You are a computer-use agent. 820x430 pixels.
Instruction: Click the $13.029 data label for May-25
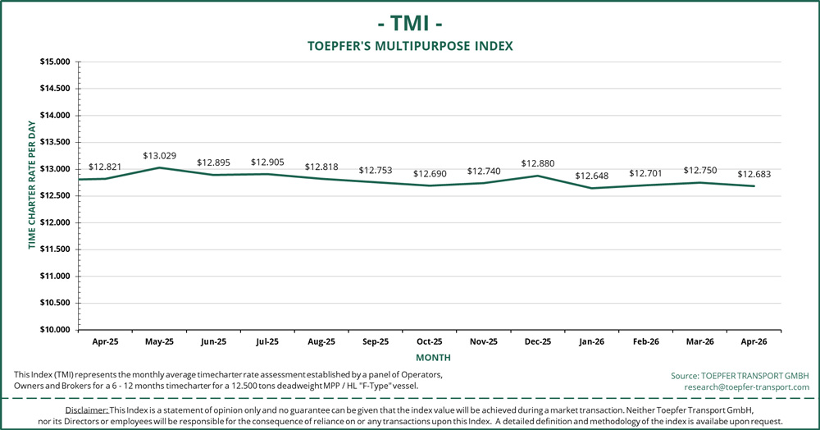(159, 155)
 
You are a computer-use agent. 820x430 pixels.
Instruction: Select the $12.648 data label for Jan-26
(591, 176)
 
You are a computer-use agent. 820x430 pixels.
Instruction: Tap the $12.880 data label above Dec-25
(537, 162)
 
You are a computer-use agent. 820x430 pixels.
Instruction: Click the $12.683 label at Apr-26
(754, 174)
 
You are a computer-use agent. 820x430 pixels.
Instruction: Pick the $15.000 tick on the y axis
(54, 62)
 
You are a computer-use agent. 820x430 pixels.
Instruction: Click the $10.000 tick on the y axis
(54, 330)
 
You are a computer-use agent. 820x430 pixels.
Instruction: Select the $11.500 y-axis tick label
(54, 249)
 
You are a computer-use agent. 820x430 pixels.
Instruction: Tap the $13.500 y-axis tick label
(54, 142)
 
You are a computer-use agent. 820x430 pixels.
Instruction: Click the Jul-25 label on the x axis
(266, 341)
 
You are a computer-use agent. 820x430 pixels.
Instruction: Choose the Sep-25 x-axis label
(375, 341)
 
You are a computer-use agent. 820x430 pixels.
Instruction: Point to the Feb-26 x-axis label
(645, 341)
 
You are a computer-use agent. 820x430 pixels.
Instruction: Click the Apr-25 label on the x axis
(104, 341)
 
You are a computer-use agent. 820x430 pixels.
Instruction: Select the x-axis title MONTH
(432, 358)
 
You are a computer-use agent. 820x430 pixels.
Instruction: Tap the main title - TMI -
(409, 21)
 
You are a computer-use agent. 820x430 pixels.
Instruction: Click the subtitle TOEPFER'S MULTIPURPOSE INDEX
(410, 46)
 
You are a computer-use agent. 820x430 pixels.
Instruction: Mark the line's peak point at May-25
(159, 167)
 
